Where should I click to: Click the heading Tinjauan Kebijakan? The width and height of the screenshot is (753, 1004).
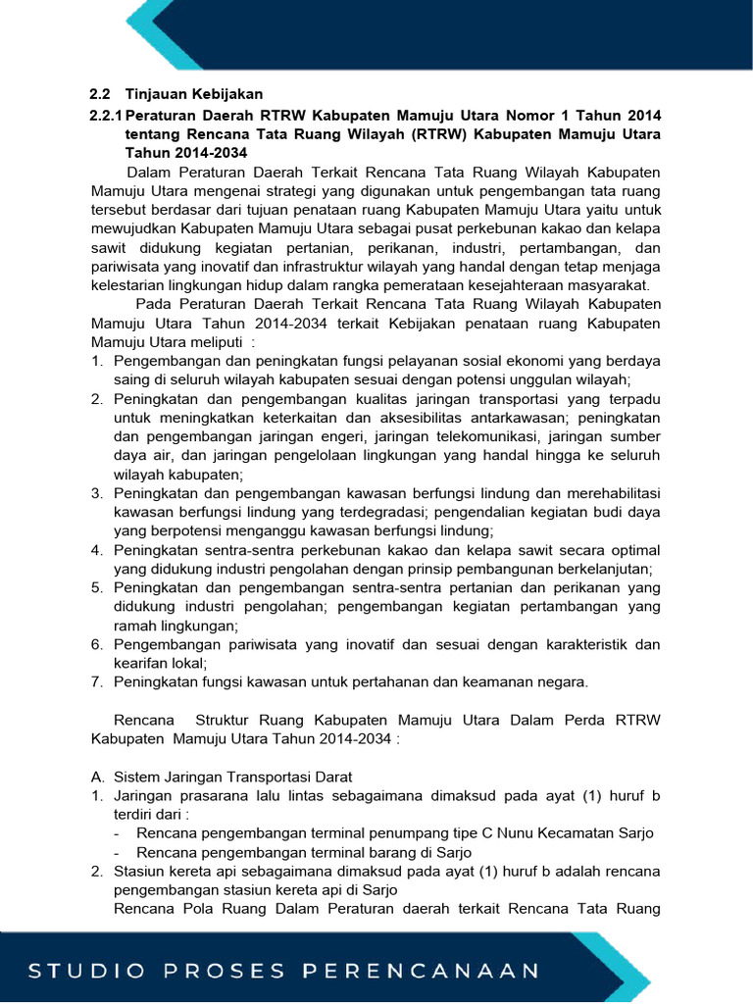194,94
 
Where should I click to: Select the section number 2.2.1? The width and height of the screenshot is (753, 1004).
106,115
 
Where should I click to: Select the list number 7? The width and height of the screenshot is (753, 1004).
97,681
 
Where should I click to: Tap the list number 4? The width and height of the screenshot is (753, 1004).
97,550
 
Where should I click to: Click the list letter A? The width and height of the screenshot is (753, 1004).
97,776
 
